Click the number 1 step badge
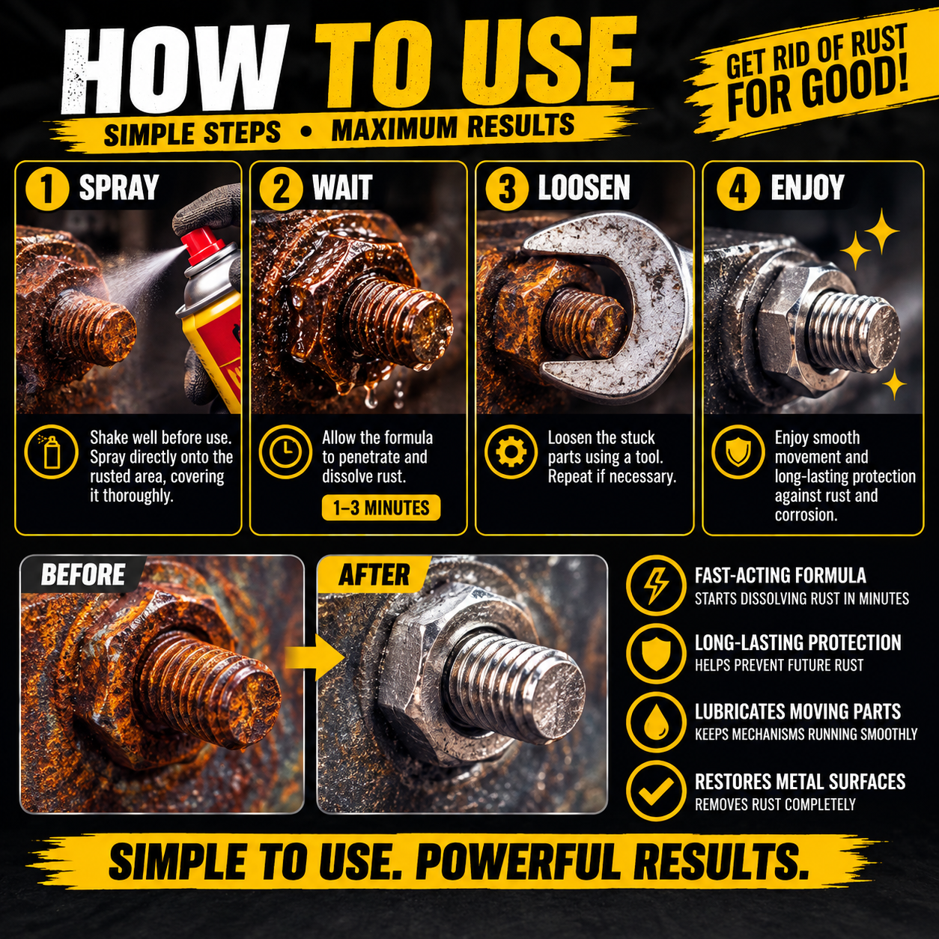pos(46,189)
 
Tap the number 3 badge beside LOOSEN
pos(507,189)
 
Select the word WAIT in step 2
pos(342,188)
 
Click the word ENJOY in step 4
pos(807,188)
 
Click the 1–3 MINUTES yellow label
pos(381,508)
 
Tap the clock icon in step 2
pos(285,452)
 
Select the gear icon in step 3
pos(511,452)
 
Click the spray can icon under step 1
pos(51,452)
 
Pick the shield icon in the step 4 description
pos(738,452)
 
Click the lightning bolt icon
pos(656,585)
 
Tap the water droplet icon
pos(656,723)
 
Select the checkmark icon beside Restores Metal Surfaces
pos(656,791)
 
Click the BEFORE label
pos(83,574)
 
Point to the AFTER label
pos(374,574)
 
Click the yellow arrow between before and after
pos(315,657)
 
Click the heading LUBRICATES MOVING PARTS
pos(797,711)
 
